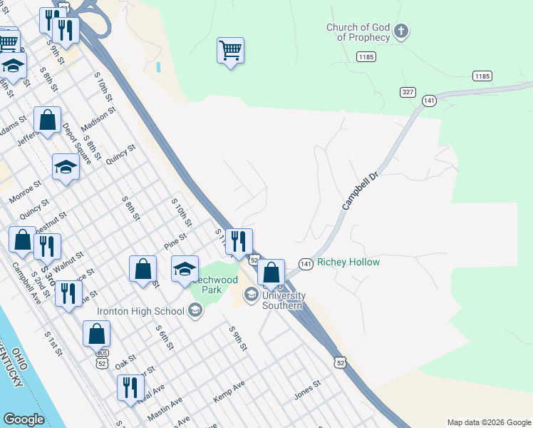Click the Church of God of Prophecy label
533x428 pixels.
click(358, 32)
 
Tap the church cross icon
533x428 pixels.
click(401, 31)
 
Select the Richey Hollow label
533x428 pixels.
click(348, 263)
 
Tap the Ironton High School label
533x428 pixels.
click(142, 310)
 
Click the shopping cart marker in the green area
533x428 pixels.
click(230, 51)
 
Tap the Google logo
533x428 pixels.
click(24, 419)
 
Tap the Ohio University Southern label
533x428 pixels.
click(282, 295)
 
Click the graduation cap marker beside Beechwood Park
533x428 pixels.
click(185, 268)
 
